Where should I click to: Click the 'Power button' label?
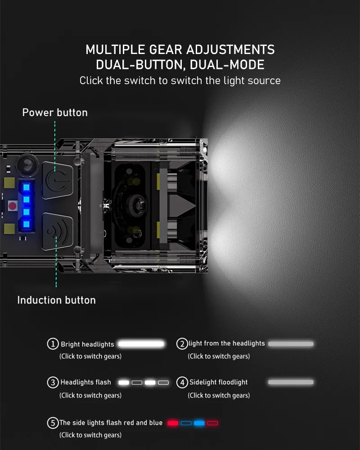pos(55,112)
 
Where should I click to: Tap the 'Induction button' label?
pos(56,300)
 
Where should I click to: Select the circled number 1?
pos(53,344)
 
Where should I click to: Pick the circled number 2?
pos(182,344)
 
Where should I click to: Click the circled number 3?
pos(53,382)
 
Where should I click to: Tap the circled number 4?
pos(182,382)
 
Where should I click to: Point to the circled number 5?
pos(53,423)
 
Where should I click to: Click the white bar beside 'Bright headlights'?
pos(141,344)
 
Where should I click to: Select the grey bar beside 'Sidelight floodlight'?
pos(291,382)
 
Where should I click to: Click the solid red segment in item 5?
pos(173,423)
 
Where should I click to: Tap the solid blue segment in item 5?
pos(199,423)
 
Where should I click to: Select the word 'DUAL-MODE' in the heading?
pos(227,65)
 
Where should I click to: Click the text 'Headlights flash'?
pos(85,382)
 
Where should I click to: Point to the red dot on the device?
pos(13,206)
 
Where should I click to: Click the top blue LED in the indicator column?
pos(26,187)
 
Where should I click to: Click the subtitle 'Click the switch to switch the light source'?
pos(180,81)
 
